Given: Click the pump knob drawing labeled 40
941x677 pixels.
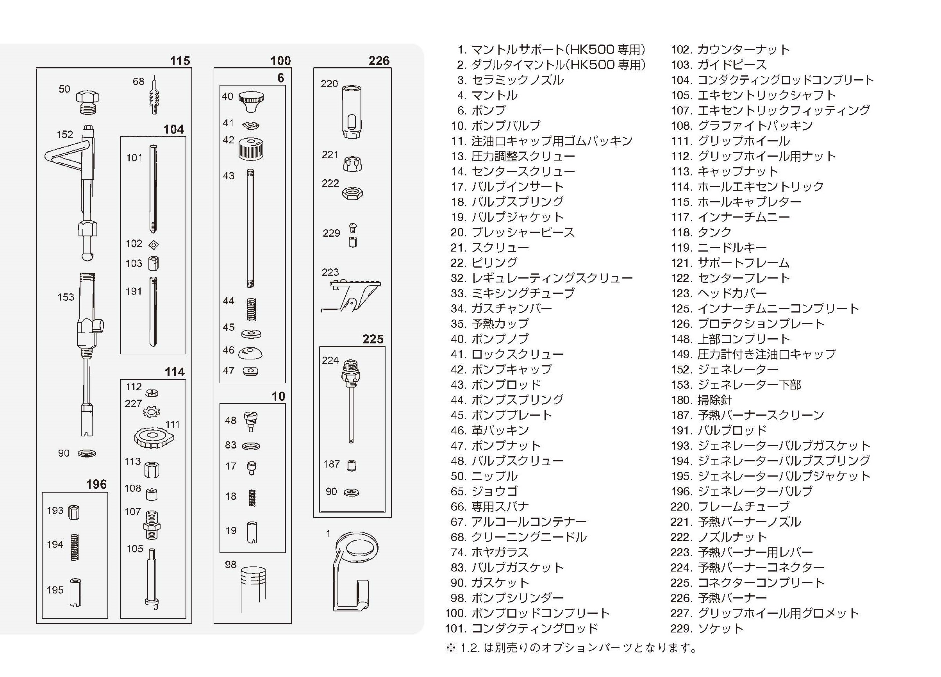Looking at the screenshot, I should (x=251, y=101).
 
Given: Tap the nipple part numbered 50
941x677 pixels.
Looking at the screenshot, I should (x=87, y=102).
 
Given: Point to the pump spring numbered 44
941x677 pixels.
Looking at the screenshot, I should (x=251, y=309).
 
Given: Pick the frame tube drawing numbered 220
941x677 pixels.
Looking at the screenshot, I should (x=352, y=111).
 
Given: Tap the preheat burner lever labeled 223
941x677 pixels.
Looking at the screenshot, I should (x=351, y=296).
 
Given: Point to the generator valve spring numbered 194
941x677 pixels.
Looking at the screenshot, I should (x=75, y=547).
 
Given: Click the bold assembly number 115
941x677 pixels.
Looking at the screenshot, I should (x=180, y=61).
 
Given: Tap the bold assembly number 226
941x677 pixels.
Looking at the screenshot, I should (x=379, y=61).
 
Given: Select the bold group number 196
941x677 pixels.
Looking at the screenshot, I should (x=96, y=484).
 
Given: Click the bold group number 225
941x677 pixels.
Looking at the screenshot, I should (x=373, y=339).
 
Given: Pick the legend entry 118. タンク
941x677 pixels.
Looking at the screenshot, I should (x=701, y=232).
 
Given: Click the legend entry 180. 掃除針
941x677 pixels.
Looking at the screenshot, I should (x=701, y=400).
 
